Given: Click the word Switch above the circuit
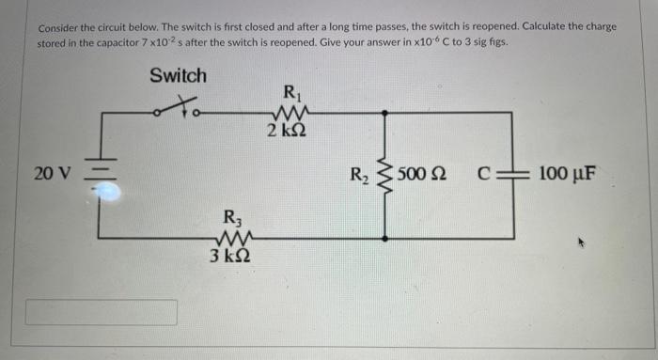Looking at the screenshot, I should (x=178, y=75).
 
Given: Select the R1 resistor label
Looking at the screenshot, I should (x=290, y=93).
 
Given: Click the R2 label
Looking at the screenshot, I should (x=360, y=174).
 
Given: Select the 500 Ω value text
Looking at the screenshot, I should (x=420, y=175).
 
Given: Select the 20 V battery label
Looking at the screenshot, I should (x=51, y=175).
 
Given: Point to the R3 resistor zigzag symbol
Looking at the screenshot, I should (x=230, y=242).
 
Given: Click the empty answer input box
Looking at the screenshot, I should (x=101, y=312).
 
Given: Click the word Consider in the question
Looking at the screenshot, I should (x=60, y=26).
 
